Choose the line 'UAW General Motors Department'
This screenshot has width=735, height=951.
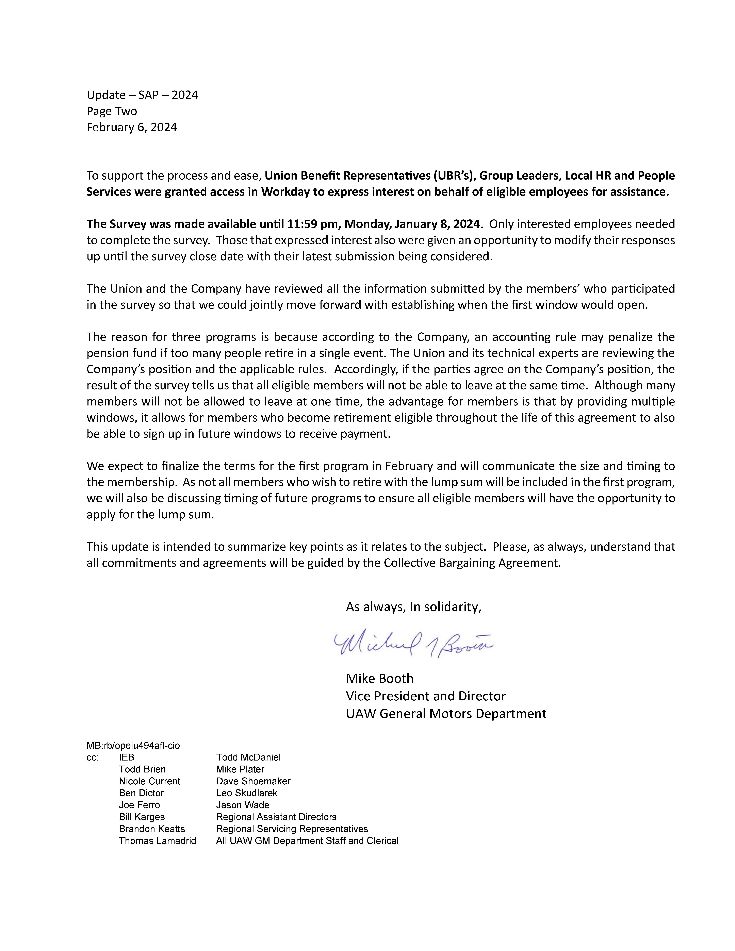(x=446, y=714)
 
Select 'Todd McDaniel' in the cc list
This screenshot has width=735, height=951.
(x=248, y=757)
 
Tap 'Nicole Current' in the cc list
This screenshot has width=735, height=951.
(x=149, y=781)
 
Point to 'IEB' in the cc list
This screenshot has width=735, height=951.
(x=127, y=757)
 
